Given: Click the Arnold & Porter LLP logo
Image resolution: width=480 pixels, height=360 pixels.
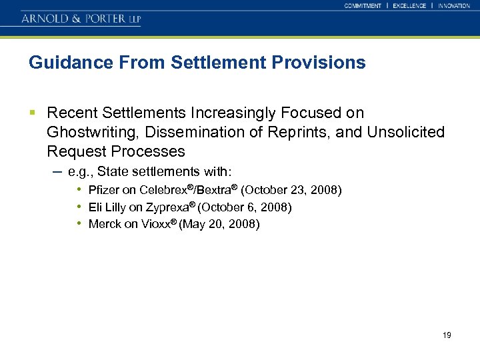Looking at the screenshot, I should pyautogui.click(x=81, y=19).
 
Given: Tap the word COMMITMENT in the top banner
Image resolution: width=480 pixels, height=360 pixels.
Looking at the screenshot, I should pyautogui.click(x=363, y=6).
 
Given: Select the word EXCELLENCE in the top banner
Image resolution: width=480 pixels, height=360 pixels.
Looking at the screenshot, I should pyautogui.click(x=409, y=6).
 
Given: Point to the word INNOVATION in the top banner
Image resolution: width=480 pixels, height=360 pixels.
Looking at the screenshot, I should pyautogui.click(x=454, y=6).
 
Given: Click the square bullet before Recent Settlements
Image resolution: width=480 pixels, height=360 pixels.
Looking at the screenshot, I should pyautogui.click(x=33, y=113).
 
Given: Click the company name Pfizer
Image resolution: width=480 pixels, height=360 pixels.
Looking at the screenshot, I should pyautogui.click(x=103, y=191).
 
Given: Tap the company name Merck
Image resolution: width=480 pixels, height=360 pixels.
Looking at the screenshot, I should pyautogui.click(x=105, y=224).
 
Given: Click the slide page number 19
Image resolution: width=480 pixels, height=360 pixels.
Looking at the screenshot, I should pyautogui.click(x=446, y=335).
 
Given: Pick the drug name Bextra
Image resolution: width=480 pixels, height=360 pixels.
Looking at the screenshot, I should pyautogui.click(x=218, y=191).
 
